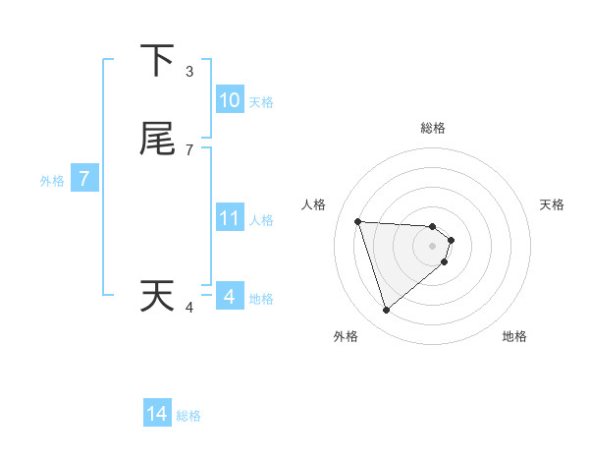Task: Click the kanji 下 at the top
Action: (157, 61)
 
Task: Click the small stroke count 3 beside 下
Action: (189, 71)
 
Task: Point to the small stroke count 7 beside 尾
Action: (189, 149)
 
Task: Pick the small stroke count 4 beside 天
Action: (189, 308)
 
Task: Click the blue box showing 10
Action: (230, 100)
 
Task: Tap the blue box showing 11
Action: (230, 218)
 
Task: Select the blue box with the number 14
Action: (157, 414)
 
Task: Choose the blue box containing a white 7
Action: (84, 179)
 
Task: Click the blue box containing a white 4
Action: (230, 296)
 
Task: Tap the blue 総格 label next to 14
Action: (188, 416)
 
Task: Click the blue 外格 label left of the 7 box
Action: (51, 181)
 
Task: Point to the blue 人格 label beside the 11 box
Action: (262, 220)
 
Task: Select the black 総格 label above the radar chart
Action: (433, 128)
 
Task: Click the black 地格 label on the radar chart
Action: (514, 337)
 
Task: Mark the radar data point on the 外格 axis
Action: (386, 311)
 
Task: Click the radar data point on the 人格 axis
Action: (358, 221)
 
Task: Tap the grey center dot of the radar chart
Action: (433, 246)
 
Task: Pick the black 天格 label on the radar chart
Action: (553, 204)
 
